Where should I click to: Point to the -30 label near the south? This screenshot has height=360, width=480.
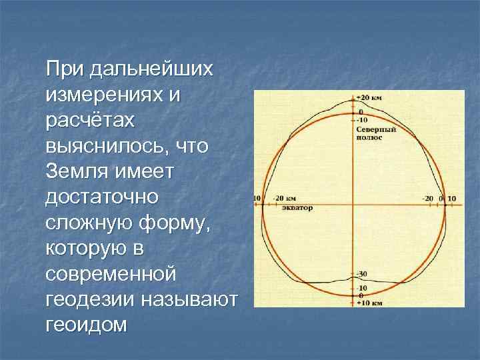[x=362, y=274]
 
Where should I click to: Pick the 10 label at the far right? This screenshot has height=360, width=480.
[x=451, y=198]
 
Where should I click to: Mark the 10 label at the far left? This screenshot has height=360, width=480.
[x=257, y=198]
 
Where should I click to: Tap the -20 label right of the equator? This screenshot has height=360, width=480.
[x=427, y=198]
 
